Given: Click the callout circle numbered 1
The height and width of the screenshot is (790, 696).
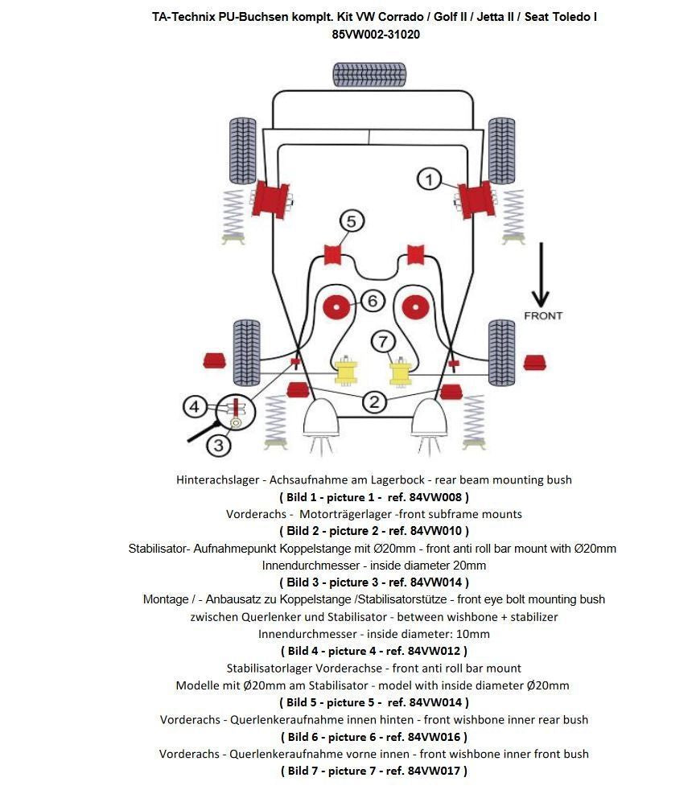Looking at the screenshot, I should tap(429, 179).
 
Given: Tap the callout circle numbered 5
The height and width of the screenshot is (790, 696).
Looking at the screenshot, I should tap(351, 220).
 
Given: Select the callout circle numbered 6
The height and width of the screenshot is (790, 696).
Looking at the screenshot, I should tap(372, 301).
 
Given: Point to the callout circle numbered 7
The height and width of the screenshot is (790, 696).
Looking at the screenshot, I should tap(383, 341).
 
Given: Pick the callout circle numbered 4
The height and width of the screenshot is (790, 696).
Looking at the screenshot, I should tap(194, 406).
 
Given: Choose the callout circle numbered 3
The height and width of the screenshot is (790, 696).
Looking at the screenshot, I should tap(218, 443).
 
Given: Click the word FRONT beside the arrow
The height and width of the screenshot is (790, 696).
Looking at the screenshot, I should tap(543, 315).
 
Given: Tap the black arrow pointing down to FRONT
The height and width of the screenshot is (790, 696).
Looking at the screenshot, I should tap(542, 274).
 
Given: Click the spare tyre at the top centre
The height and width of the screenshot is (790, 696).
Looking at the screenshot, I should tap(369, 75).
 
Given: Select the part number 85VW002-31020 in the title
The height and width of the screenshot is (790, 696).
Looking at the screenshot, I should tap(375, 35).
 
